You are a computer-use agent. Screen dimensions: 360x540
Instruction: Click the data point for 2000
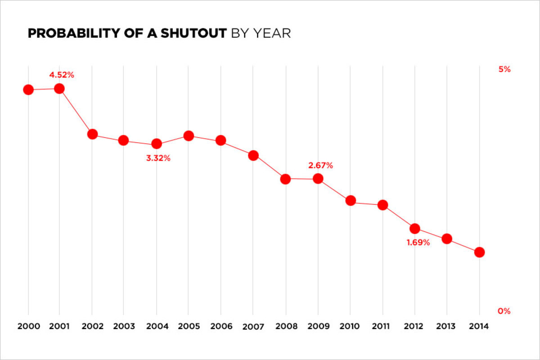28,90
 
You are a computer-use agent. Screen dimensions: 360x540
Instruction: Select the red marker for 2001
59,89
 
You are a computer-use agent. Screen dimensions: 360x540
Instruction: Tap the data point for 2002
92,134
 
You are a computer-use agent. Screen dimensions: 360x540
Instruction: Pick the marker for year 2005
189,136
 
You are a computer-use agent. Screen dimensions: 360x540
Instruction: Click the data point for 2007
253,155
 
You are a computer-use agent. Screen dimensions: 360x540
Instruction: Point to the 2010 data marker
351,201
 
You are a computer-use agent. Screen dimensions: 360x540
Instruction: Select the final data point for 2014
479,252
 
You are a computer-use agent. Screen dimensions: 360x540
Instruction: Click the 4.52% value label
62,75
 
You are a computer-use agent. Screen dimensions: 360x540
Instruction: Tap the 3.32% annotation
158,158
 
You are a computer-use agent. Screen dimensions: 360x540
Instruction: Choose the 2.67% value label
320,166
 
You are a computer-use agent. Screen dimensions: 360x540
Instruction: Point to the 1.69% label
418,243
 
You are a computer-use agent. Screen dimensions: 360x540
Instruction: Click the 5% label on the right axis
504,69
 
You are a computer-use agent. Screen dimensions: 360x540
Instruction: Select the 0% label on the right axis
504,311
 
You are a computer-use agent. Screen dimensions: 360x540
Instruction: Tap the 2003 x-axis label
124,326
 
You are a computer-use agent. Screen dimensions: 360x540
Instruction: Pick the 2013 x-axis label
447,326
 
